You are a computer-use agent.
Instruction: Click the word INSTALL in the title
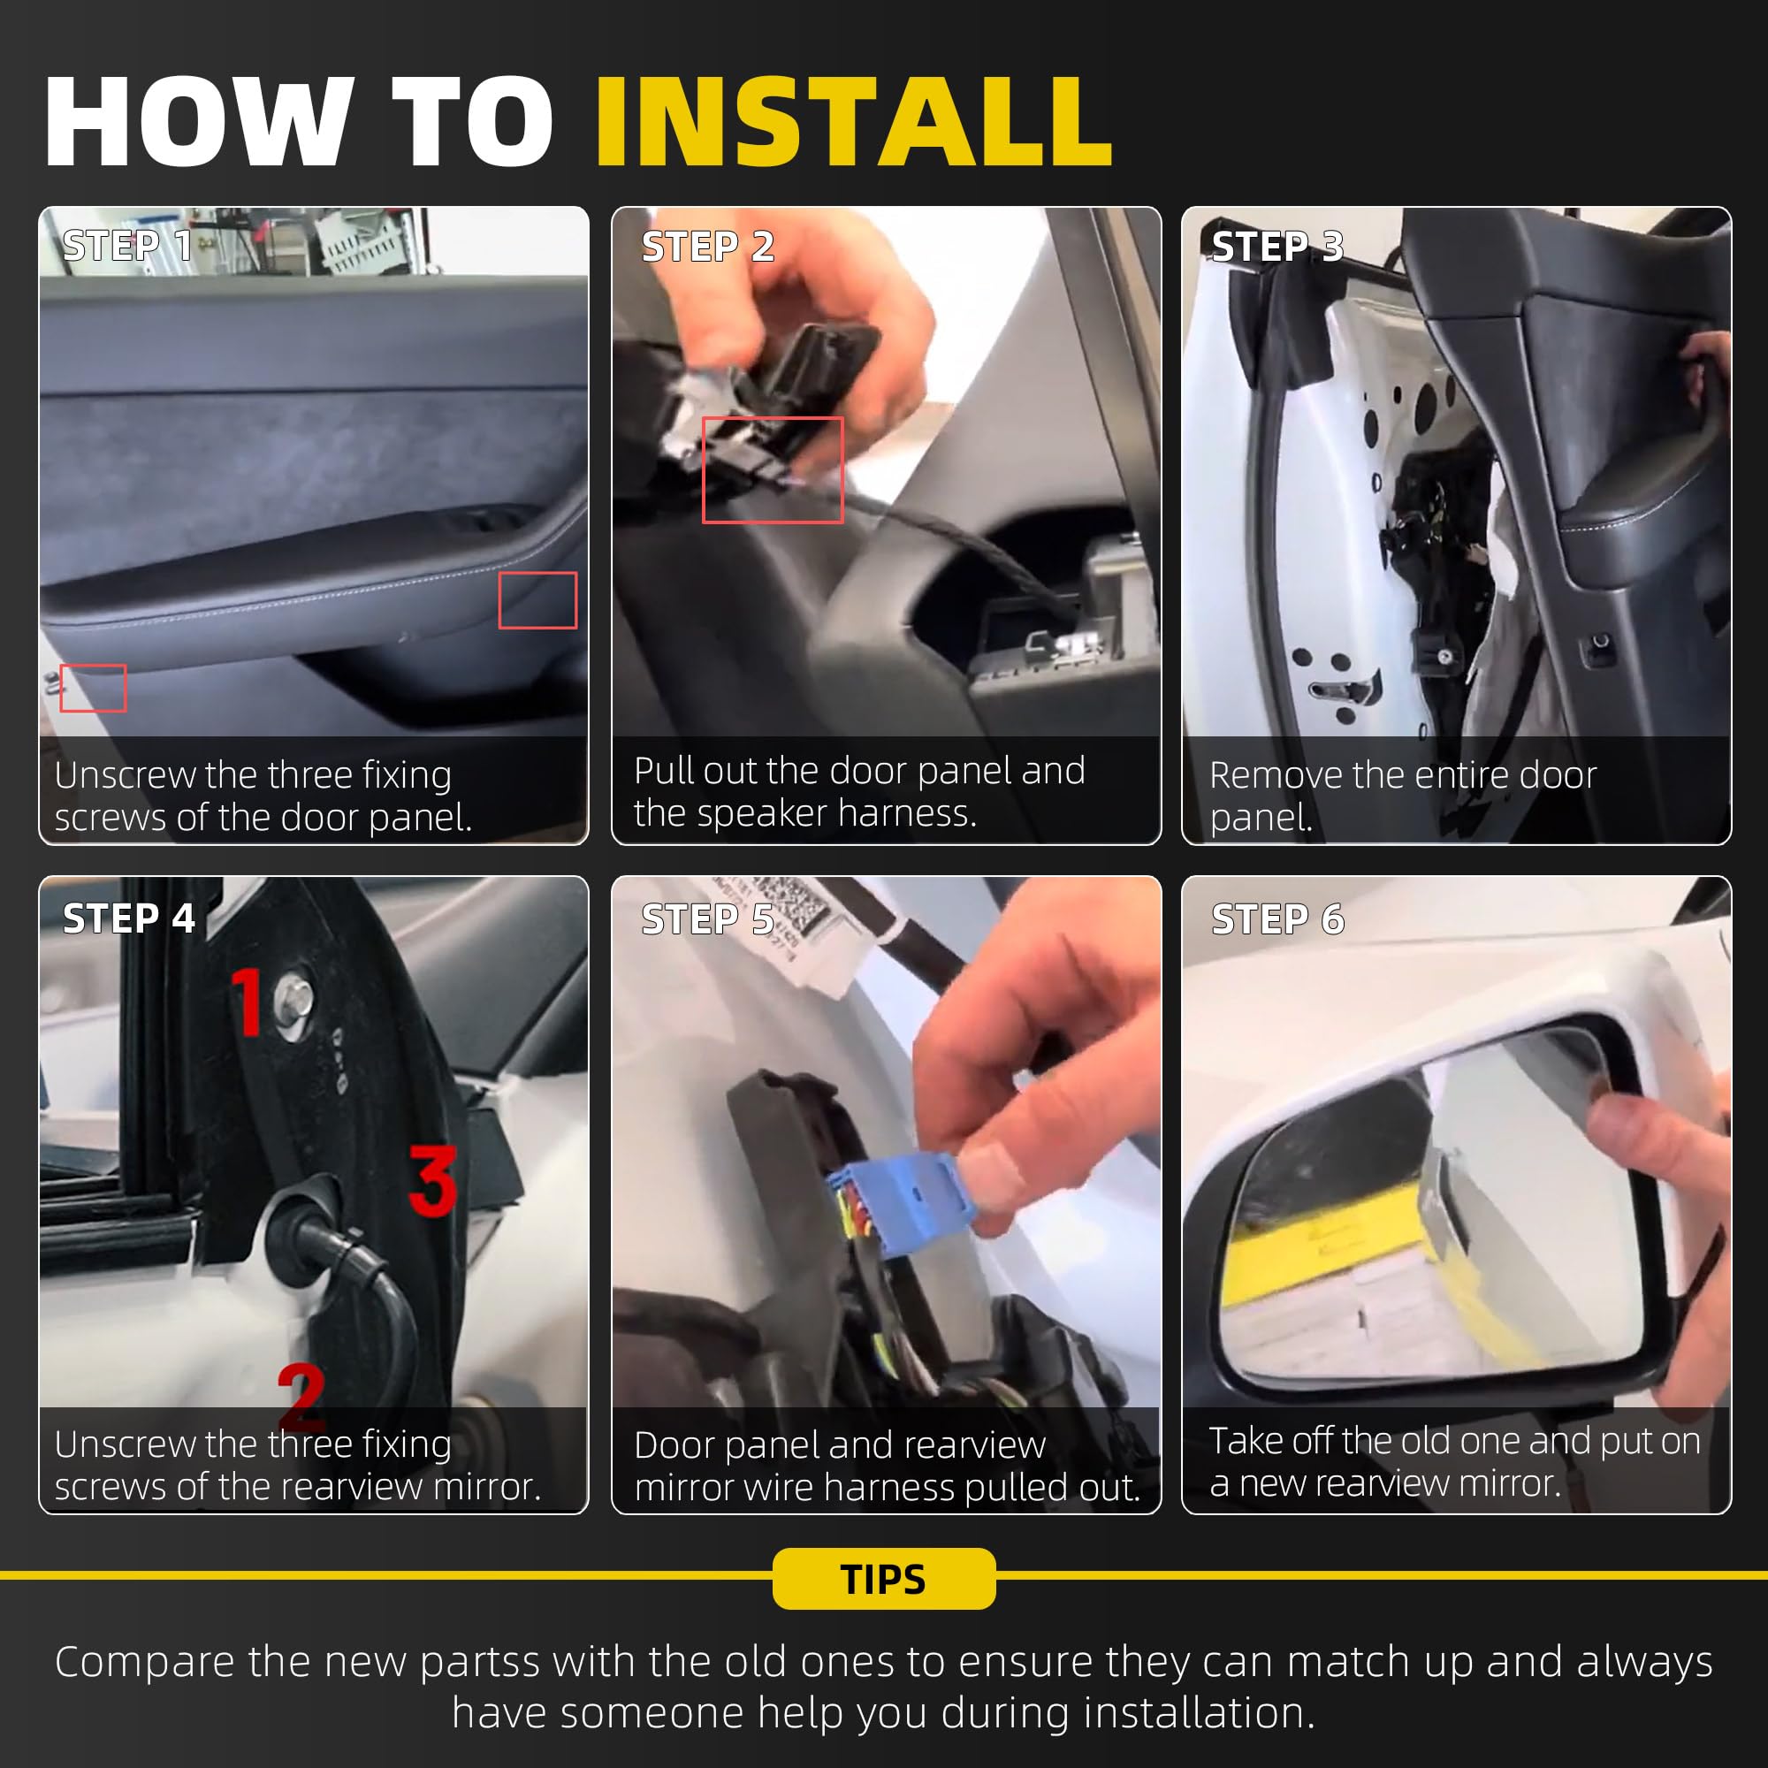[x=854, y=122]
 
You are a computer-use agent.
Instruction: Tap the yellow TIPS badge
[x=884, y=1579]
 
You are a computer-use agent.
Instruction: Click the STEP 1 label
[x=127, y=245]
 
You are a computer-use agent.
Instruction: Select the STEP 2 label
[x=707, y=246]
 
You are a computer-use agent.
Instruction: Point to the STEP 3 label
[x=1277, y=246]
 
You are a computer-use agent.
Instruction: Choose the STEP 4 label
[x=129, y=918]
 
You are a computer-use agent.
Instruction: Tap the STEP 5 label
[x=707, y=918]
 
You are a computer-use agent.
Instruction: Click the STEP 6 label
[x=1277, y=918]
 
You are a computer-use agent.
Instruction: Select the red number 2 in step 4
[x=301, y=1396]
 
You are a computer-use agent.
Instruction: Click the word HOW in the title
[x=199, y=122]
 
